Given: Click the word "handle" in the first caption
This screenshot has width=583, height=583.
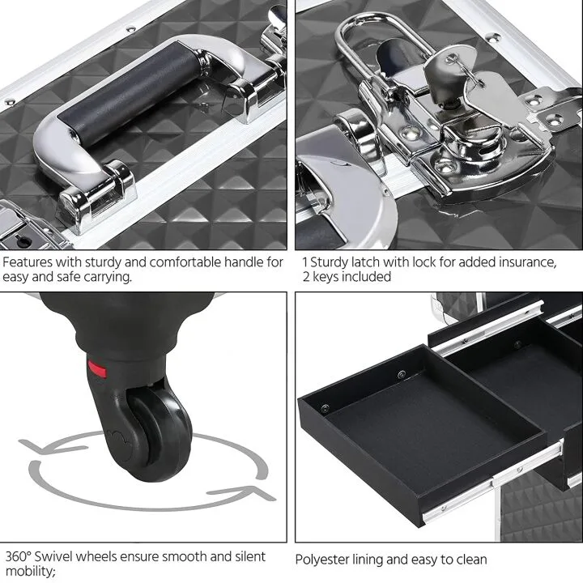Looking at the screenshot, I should [245, 262].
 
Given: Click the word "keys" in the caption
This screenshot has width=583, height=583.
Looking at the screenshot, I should [329, 277].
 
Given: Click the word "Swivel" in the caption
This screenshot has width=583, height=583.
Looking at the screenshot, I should [58, 557].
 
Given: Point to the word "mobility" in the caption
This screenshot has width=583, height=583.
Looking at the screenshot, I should [28, 572].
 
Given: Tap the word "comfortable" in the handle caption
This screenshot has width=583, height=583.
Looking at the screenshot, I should [174, 262].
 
